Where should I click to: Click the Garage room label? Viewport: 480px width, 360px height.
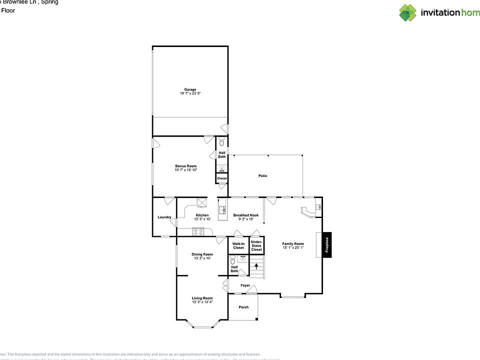point(190,89)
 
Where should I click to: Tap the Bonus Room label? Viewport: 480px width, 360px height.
point(185,166)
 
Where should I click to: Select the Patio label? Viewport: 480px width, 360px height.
point(262,176)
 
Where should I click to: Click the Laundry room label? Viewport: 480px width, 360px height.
point(164,217)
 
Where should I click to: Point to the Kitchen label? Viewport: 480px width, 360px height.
point(202,215)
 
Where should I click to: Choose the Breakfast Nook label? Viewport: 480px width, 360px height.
point(246,215)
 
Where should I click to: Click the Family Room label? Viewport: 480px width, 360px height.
point(293,244)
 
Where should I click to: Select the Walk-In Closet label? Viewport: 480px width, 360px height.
point(238,245)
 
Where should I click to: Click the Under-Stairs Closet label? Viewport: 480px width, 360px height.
point(256,245)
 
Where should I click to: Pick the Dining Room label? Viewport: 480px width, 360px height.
point(202,254)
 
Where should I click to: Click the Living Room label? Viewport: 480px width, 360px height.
point(202,298)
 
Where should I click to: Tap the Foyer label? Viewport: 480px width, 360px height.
point(245,285)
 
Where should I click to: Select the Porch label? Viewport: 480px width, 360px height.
point(243,307)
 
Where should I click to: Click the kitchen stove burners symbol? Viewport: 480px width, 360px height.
point(198,231)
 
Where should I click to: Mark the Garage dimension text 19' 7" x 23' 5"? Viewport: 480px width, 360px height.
point(190,93)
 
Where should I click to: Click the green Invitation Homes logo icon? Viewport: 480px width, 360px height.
point(407,12)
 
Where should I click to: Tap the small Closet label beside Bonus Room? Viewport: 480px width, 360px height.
point(221,178)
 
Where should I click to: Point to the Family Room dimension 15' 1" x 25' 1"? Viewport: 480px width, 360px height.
point(293,247)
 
